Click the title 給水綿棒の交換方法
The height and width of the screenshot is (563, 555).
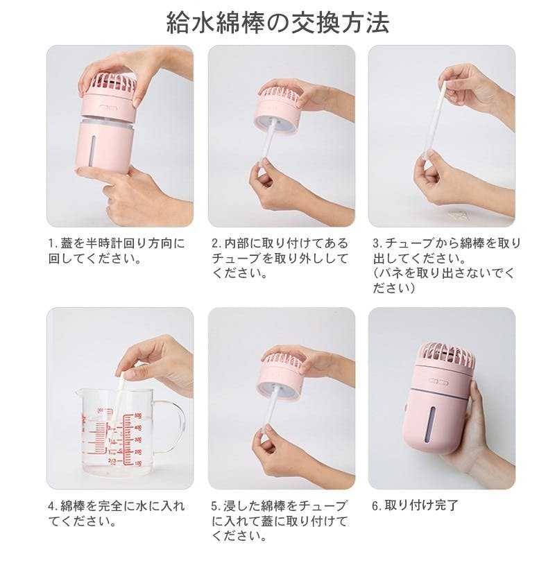[277, 24]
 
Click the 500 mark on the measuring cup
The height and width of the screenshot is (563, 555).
[138, 416]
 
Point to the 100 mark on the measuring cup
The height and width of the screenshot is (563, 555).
[138, 464]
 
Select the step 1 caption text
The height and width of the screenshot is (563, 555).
[117, 250]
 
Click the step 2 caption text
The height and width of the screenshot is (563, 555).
[280, 258]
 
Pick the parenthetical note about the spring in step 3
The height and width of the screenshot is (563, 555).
[443, 280]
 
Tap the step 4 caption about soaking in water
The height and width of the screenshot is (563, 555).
[117, 513]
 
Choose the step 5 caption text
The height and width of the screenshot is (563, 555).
[280, 521]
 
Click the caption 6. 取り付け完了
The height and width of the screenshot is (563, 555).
[416, 505]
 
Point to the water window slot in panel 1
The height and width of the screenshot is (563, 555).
[94, 146]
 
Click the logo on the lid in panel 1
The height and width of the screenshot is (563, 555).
[108, 107]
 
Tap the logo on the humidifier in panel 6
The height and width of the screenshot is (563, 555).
[438, 382]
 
